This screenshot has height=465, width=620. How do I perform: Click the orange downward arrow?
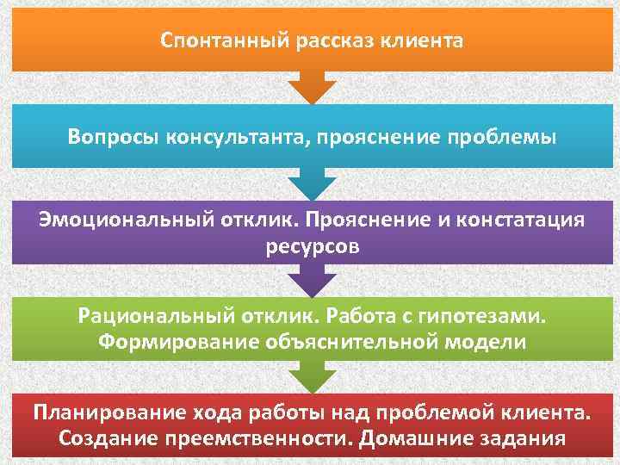pos(311,87)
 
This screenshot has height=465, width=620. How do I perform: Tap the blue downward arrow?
pos(311,183)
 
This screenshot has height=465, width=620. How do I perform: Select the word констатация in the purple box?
pos(518,220)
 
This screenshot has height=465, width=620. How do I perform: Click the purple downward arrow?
pos(311,280)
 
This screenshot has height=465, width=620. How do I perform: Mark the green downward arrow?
pos(311,376)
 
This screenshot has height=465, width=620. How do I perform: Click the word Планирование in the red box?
pos(102,411)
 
